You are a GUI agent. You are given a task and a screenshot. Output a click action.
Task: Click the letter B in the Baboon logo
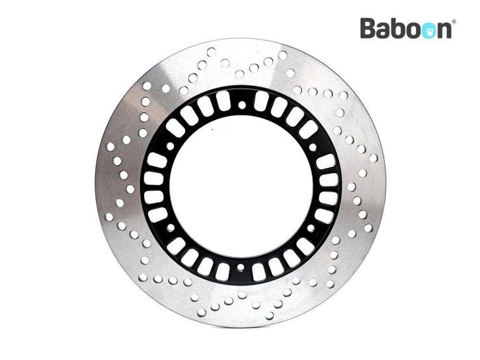click(x=368, y=28)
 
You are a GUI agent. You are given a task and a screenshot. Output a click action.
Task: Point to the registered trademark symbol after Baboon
click(x=454, y=22)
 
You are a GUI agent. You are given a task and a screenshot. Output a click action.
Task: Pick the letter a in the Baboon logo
click(x=384, y=31)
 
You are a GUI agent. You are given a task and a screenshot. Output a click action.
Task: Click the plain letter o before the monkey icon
click(x=412, y=31)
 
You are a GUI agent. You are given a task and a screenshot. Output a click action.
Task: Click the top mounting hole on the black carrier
click(x=242, y=105)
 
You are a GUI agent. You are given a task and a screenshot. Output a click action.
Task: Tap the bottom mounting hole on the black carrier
click(x=241, y=268)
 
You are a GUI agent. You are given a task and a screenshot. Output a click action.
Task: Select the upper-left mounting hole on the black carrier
click(x=170, y=146)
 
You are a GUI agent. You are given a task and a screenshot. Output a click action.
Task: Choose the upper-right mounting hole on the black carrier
click(x=313, y=147)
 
